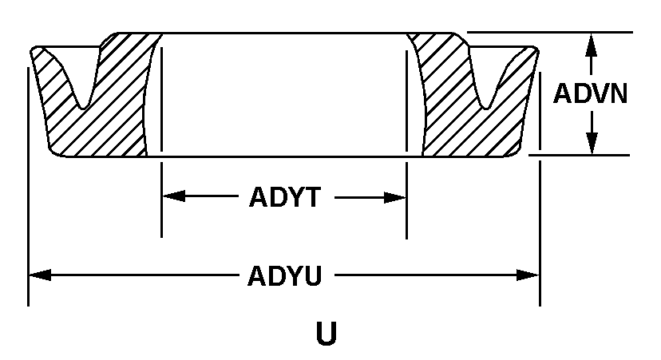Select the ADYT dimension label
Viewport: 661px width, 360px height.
click(285, 197)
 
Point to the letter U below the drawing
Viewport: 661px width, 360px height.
click(326, 334)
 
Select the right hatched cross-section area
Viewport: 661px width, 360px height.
click(455, 120)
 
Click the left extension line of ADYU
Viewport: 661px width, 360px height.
click(29, 239)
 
